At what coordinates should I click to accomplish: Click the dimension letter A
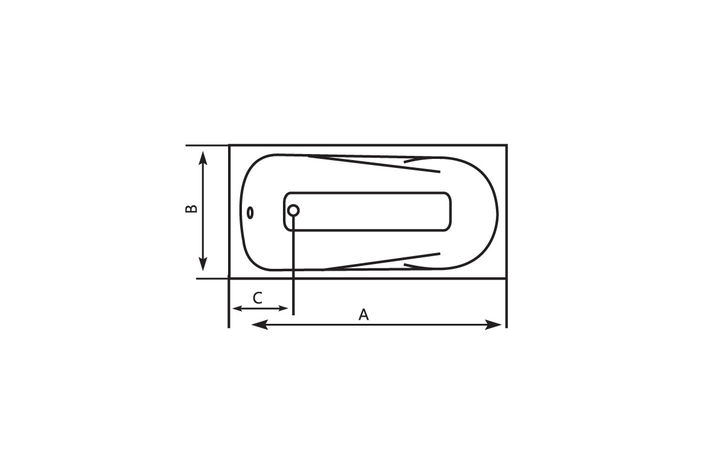(x=363, y=315)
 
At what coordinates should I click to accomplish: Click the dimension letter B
(x=191, y=208)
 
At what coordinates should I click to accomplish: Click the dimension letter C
(x=257, y=298)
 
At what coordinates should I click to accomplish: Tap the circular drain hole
(x=293, y=211)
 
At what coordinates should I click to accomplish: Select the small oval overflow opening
(x=250, y=213)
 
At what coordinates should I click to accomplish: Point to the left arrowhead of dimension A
(x=259, y=324)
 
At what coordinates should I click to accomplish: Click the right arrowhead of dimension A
(x=494, y=324)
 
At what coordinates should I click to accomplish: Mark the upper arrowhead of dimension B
(x=203, y=159)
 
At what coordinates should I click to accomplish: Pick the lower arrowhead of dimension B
(x=203, y=263)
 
